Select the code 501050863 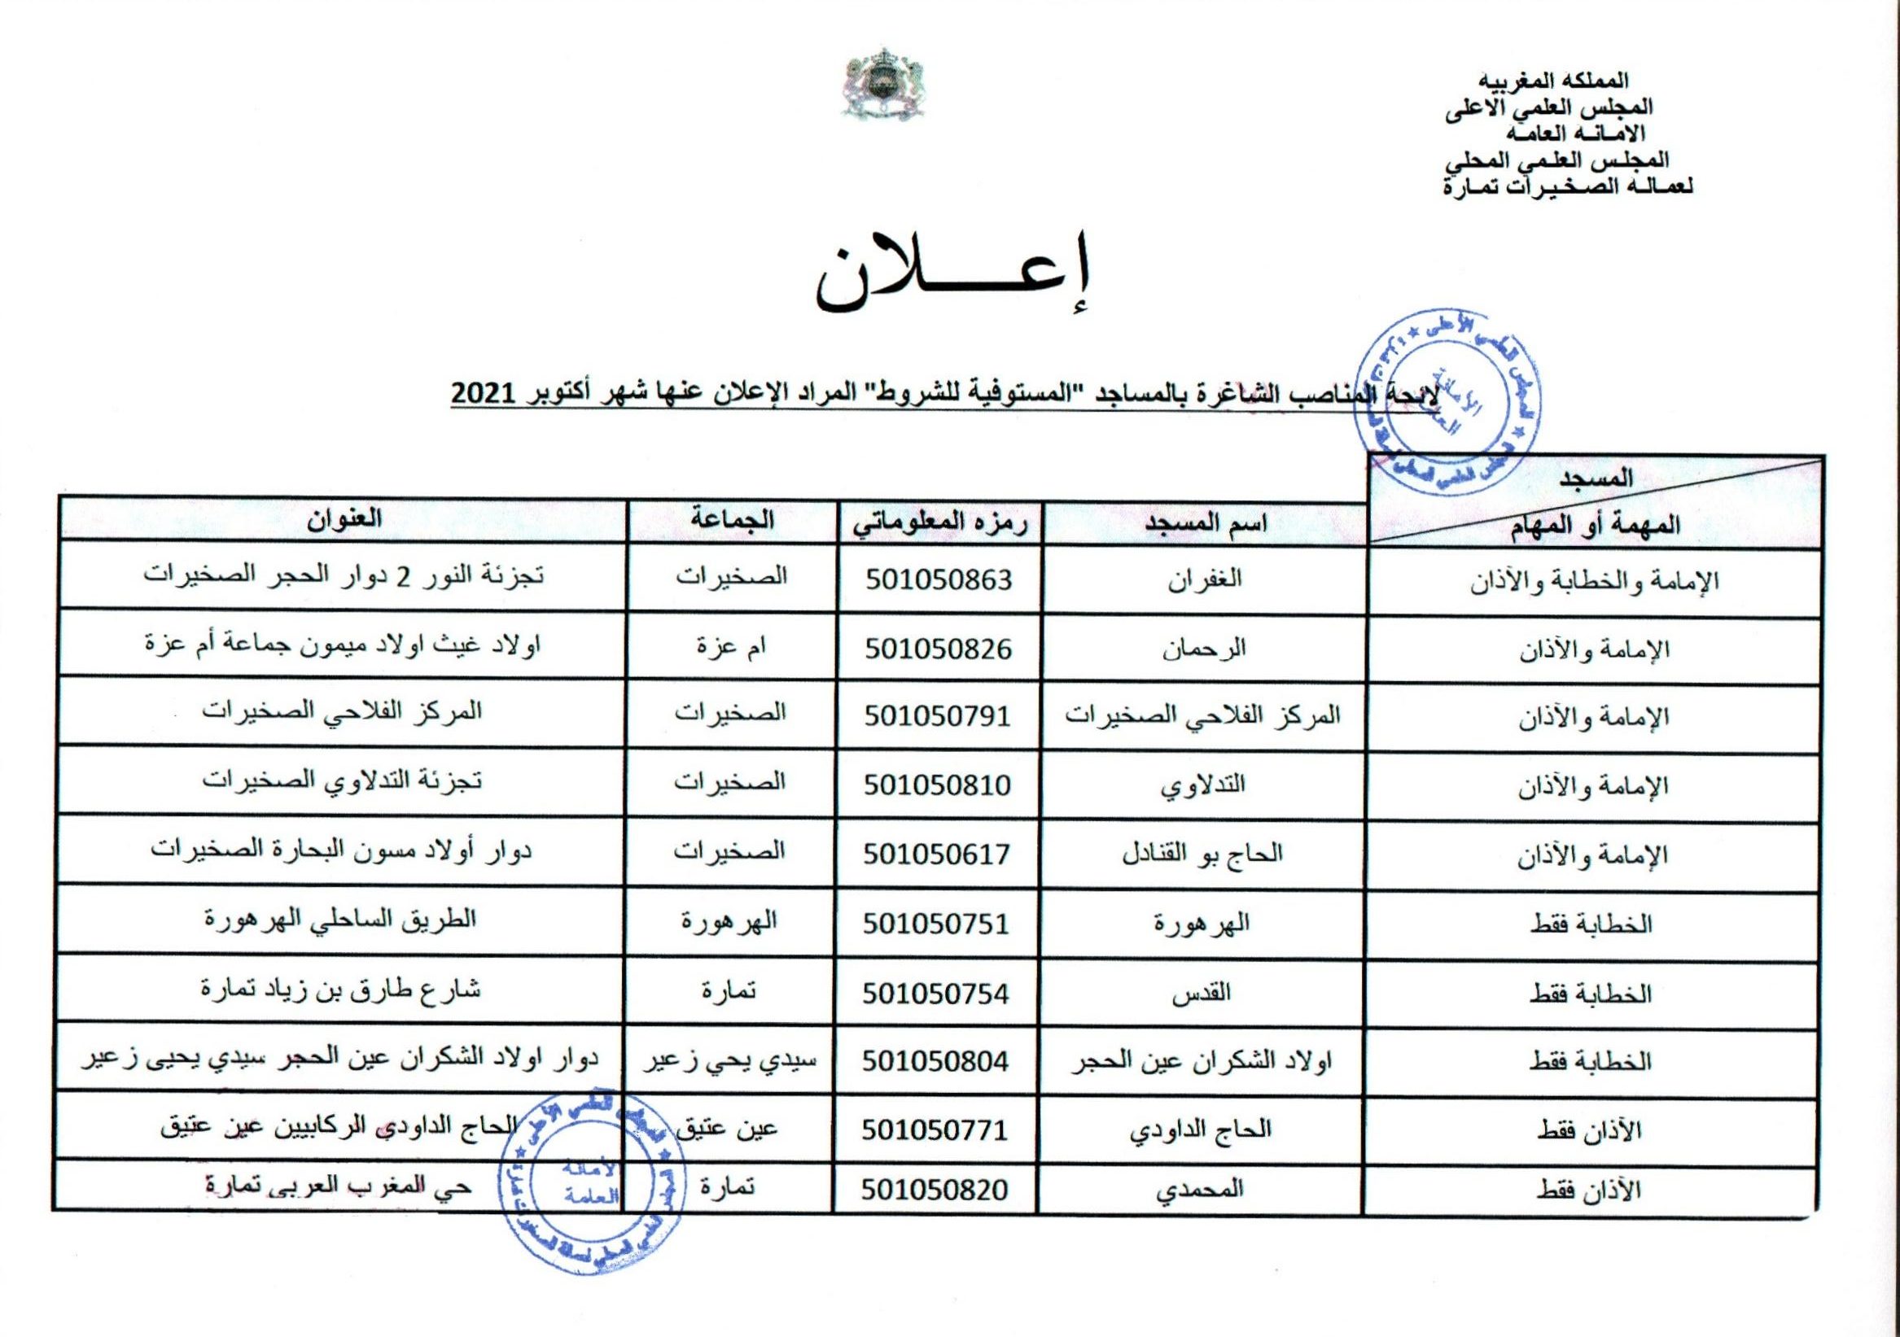tap(939, 579)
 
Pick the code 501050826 tap(939, 648)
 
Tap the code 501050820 tap(935, 1190)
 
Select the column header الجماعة tap(733, 522)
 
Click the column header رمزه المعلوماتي tap(939, 524)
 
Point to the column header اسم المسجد tap(1205, 524)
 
